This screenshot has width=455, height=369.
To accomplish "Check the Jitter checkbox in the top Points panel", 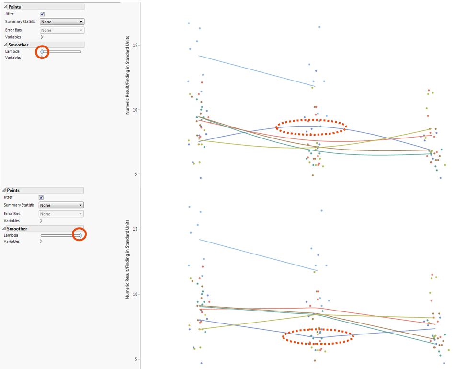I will coord(42,14).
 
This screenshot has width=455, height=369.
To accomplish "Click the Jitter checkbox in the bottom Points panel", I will coord(41,197).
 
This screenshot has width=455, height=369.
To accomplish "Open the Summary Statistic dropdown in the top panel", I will coord(62,22).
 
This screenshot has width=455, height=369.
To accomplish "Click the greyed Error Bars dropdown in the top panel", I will coord(62,30).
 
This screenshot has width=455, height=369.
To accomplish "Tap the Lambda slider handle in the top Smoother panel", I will coord(42,51).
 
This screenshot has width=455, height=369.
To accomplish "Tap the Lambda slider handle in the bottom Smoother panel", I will coord(80,235).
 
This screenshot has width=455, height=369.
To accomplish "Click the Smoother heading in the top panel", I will coord(18,45).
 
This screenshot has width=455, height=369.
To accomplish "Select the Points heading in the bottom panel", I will coord(13,190).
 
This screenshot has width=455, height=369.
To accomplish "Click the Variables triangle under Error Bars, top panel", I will coord(42,37).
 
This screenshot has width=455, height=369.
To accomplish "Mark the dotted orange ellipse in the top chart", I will coord(311,127).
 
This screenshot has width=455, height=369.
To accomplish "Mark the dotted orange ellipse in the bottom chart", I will coord(318,336).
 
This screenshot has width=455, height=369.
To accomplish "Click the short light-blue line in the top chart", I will coord(256,71).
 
